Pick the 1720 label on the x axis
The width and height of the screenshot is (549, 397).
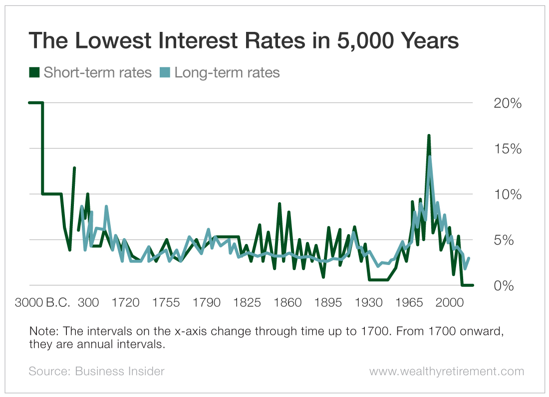coord(126,303)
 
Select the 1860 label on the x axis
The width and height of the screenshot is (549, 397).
coord(288,303)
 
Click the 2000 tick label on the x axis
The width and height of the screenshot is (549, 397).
coord(450,303)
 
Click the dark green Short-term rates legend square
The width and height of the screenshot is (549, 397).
coord(34,73)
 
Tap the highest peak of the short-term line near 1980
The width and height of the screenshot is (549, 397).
coord(429,135)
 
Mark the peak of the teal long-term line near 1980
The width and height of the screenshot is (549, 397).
coord(430,157)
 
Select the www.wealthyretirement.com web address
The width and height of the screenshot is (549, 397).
coord(447,371)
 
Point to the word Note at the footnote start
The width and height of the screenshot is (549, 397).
coord(40,332)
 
